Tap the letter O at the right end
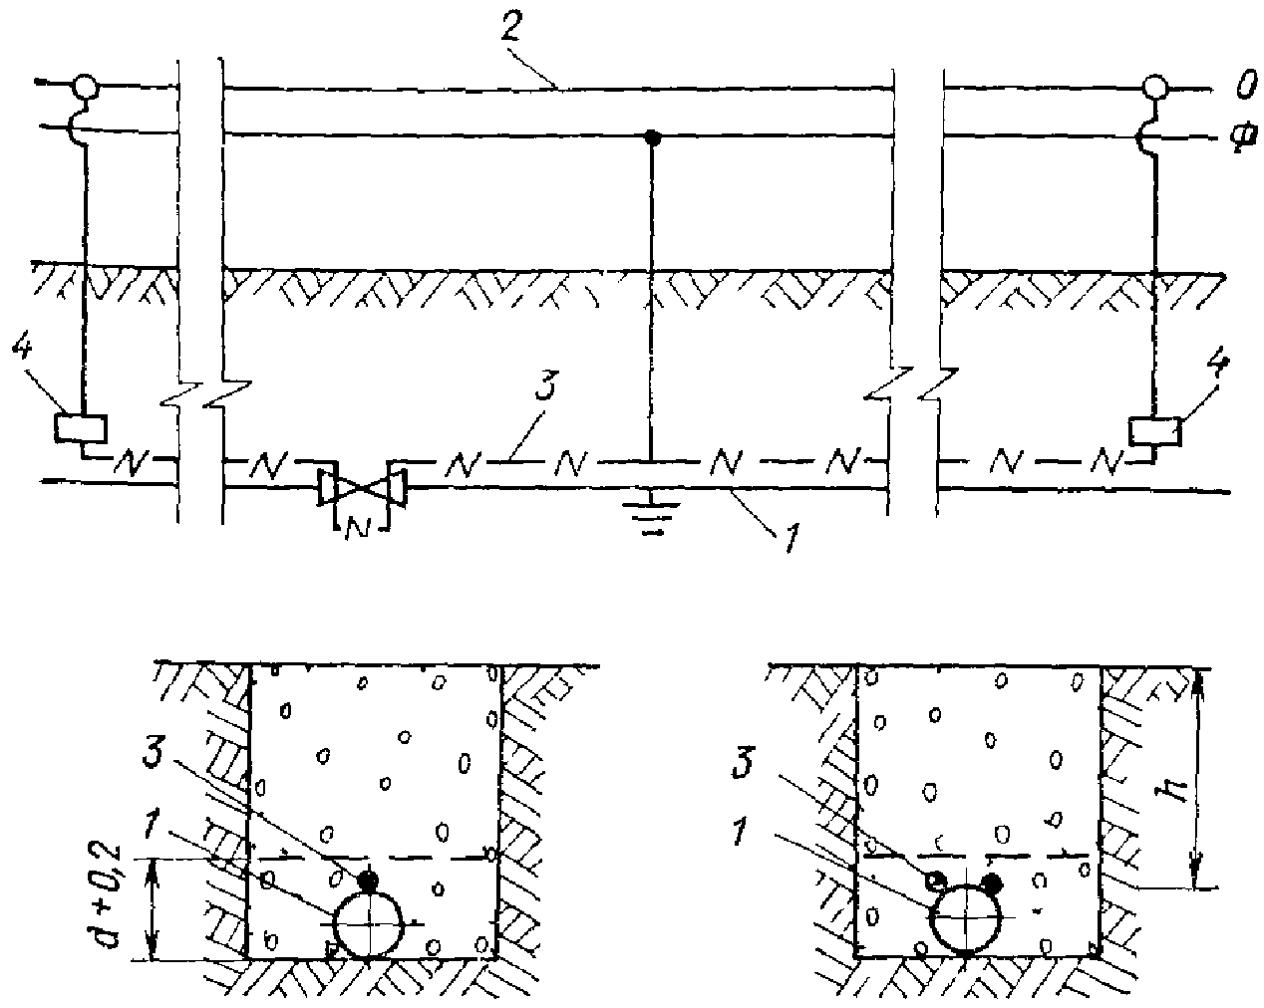1243,90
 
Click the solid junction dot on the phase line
651,136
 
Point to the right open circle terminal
1154,88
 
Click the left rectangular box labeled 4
81,427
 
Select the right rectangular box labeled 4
1155,431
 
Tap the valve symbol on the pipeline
361,487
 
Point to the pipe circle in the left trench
368,924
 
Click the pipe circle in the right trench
966,918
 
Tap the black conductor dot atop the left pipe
369,880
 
